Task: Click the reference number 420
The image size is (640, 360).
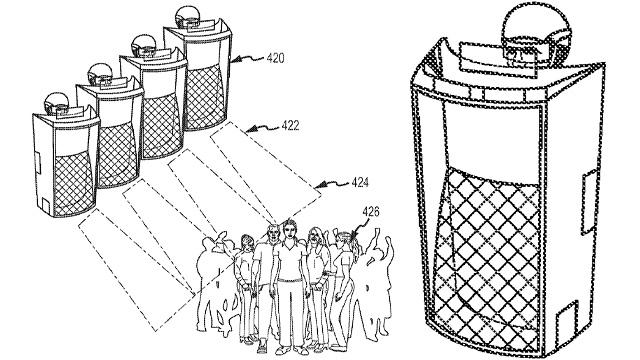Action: pos(275,58)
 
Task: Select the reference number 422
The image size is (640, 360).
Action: pos(290,125)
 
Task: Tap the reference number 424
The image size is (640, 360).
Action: pos(360,182)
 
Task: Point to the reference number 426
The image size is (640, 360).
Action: pos(371,211)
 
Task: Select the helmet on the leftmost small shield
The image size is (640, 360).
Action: pos(57,103)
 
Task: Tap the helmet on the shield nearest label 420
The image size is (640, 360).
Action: pos(187,17)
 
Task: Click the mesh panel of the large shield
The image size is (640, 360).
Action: pos(488,253)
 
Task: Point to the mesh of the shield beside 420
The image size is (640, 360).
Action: pos(204,96)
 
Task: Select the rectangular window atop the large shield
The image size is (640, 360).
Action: pos(498,59)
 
